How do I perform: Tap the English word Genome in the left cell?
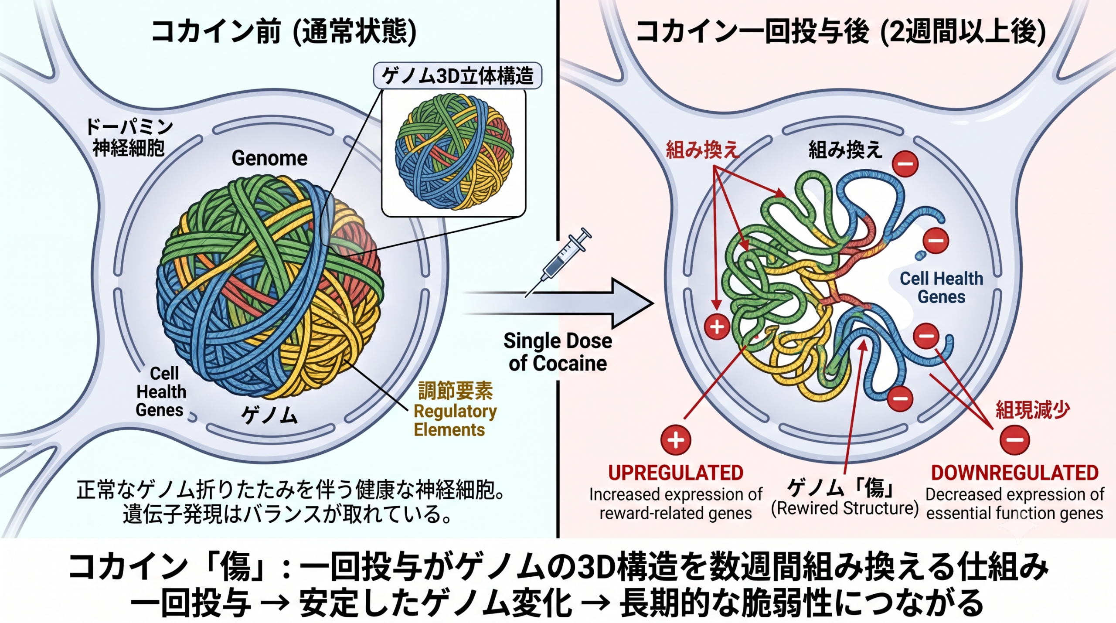[x=269, y=158]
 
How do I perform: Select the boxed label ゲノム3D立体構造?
[x=458, y=76]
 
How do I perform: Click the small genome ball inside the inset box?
[x=454, y=150]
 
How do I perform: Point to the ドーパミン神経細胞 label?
[x=129, y=137]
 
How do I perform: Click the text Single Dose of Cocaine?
[x=558, y=352]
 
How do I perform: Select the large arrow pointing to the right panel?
[x=558, y=303]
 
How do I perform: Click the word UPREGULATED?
[x=675, y=473]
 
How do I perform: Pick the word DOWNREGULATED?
[x=1014, y=473]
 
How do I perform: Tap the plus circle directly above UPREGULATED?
[x=676, y=440]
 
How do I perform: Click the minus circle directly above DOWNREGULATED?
[x=1015, y=440]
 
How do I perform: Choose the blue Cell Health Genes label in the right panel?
[x=942, y=288]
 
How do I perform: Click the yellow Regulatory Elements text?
[x=455, y=420]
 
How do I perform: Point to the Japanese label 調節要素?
[x=456, y=391]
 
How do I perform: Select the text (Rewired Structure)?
[x=845, y=508]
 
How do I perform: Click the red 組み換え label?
[x=703, y=150]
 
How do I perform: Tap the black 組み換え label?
[x=845, y=150]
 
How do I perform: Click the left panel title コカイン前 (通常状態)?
[x=283, y=32]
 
